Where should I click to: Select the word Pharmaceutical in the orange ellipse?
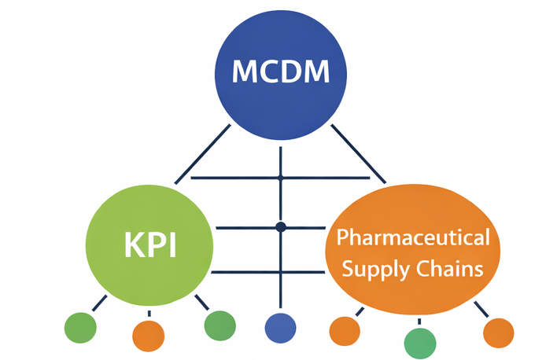[413, 237]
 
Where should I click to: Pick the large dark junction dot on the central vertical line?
[280, 227]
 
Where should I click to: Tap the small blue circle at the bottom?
[280, 328]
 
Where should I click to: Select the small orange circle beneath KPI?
[148, 336]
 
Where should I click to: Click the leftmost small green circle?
[80, 326]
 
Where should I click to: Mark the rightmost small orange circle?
[498, 332]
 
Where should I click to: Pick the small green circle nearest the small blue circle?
[219, 325]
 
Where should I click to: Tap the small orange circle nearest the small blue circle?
[344, 331]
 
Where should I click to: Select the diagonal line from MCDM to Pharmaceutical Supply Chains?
[358, 153]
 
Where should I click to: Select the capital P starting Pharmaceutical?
[341, 237]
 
